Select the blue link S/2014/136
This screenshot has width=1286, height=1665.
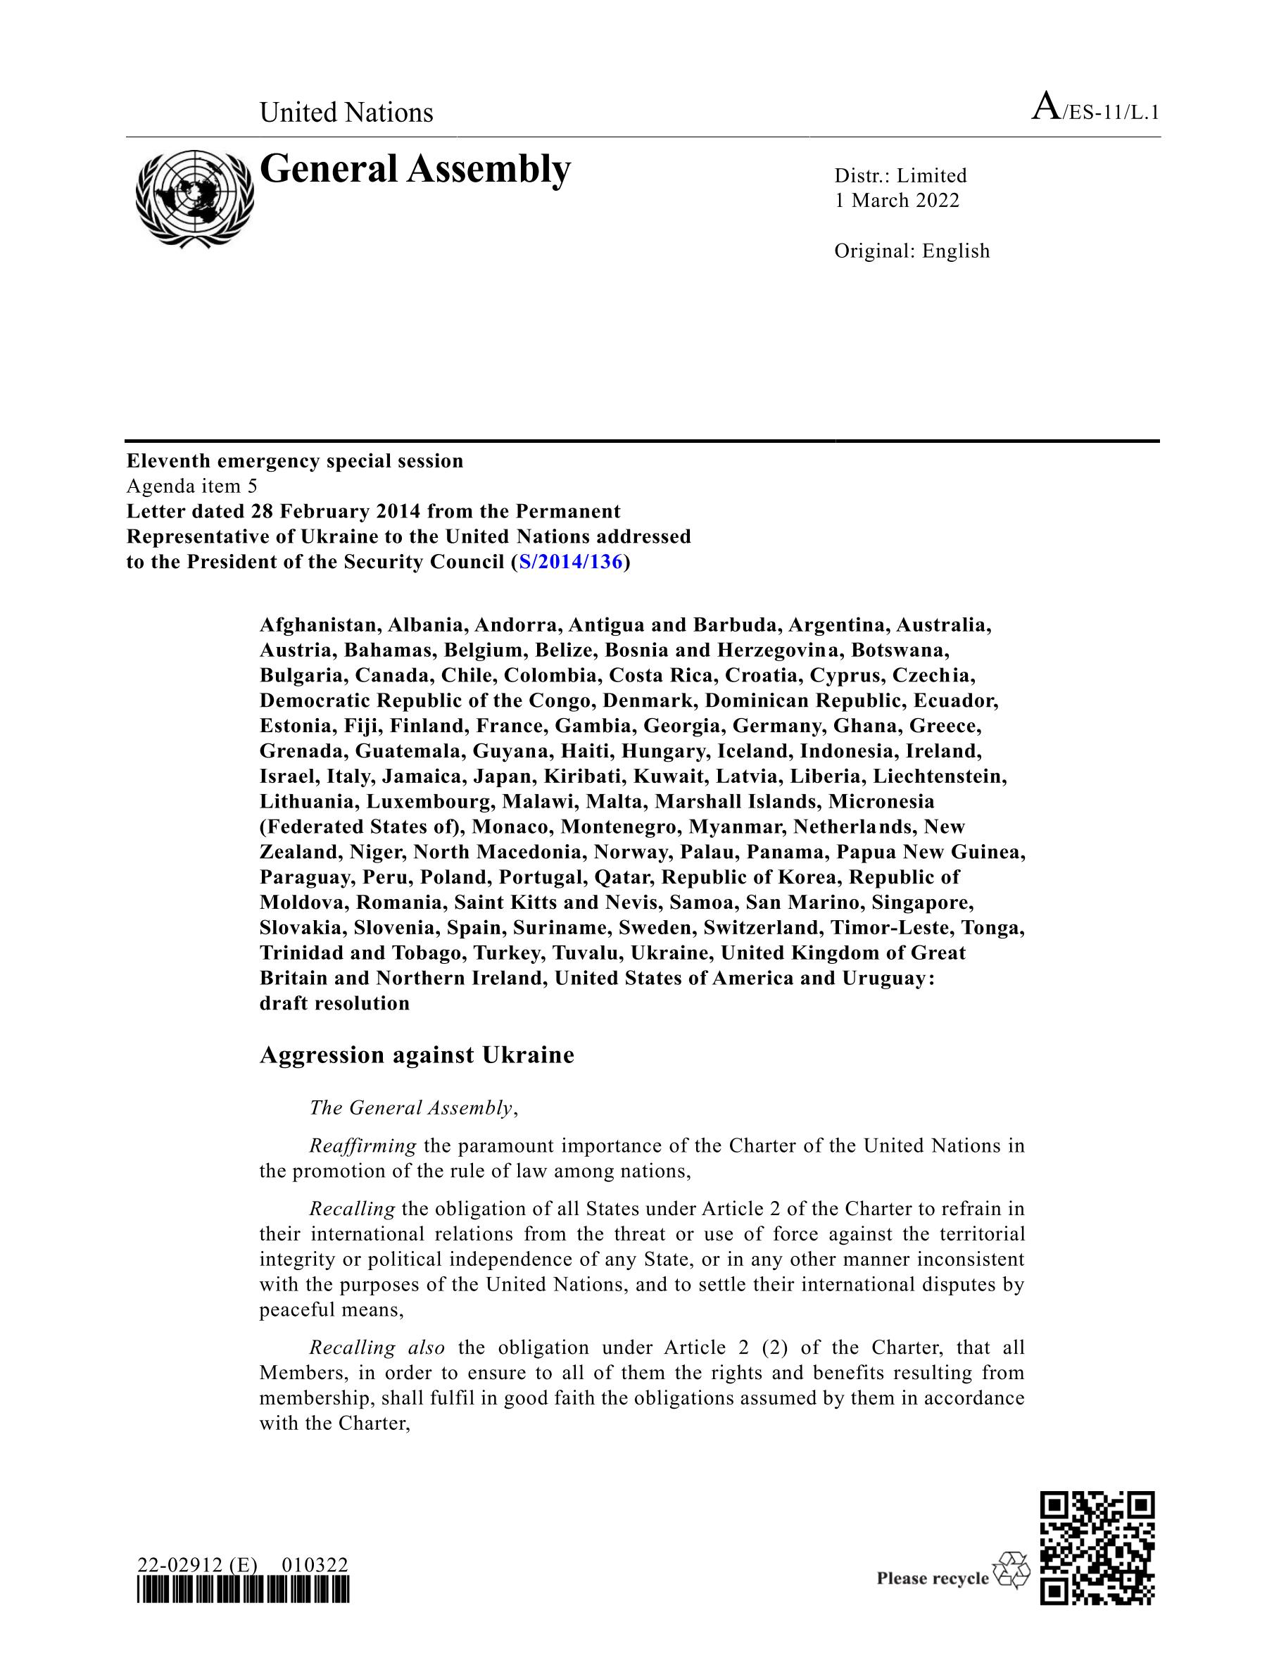coord(571,562)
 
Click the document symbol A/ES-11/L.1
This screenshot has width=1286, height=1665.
coord(1095,111)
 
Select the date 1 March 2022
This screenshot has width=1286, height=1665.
coord(897,201)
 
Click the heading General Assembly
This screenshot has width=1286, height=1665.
coord(415,169)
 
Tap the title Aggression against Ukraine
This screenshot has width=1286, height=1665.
coord(416,1055)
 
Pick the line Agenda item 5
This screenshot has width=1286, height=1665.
coord(192,486)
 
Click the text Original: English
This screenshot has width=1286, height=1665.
coord(912,251)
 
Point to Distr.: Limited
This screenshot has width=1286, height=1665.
coord(900,175)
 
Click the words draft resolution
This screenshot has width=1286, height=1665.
coord(334,1003)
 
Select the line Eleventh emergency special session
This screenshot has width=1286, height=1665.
coord(295,460)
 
